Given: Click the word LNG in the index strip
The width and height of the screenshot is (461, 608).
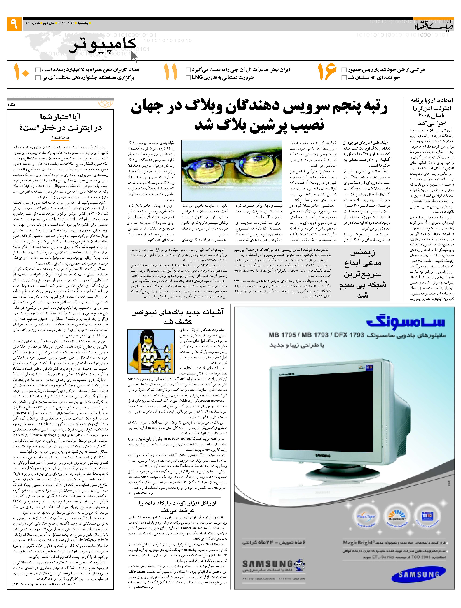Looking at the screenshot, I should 197,78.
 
